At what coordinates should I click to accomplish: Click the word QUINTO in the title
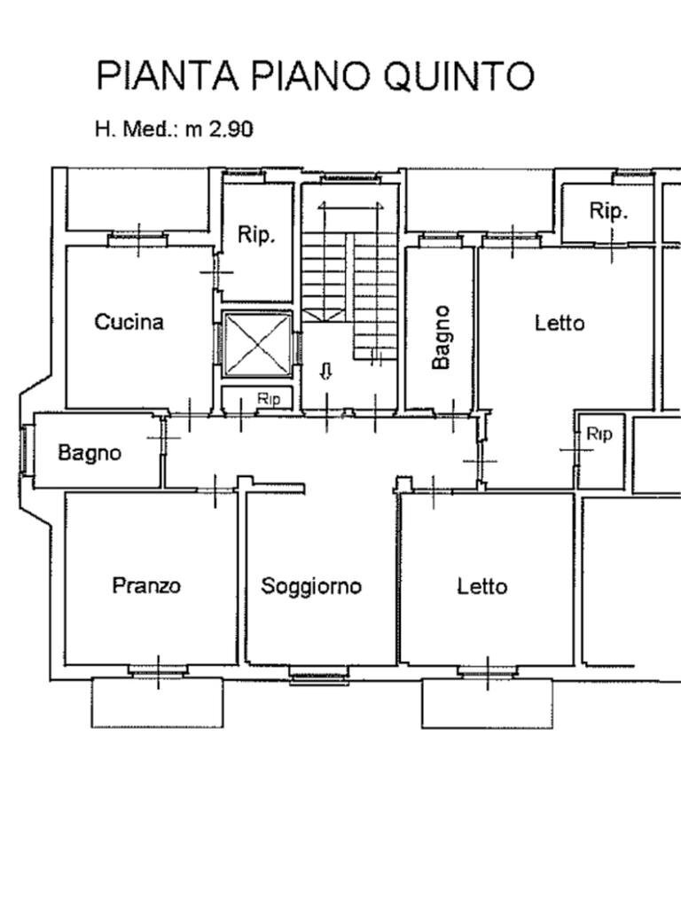tap(458, 76)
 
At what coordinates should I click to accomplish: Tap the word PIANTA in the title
tap(168, 76)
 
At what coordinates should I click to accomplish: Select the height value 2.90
tap(231, 129)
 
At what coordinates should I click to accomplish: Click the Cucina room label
tap(129, 322)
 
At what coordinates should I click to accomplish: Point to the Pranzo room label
tap(146, 585)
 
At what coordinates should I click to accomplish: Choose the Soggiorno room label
tap(311, 586)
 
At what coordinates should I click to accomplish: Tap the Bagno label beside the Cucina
tap(90, 452)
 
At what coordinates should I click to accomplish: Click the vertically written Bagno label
tap(441, 337)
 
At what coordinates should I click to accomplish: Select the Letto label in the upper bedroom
tap(560, 323)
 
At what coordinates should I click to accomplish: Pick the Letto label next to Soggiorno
tap(482, 586)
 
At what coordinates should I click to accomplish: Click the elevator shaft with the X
tap(257, 344)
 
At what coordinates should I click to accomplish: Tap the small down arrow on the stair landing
tap(325, 372)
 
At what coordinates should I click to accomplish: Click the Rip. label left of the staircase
tap(256, 236)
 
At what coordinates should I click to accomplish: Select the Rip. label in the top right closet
tap(608, 211)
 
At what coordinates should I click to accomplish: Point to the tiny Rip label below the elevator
tap(269, 399)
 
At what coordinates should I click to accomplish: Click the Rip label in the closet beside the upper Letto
tap(599, 434)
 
